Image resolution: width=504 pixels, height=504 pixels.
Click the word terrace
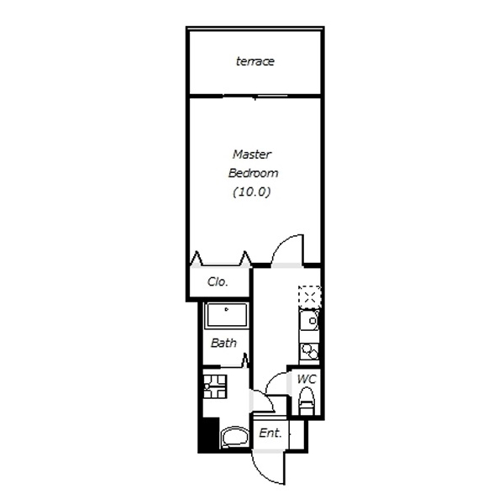click(255, 61)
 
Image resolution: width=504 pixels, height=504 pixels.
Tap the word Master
click(252, 155)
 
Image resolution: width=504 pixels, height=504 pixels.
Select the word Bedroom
click(253, 173)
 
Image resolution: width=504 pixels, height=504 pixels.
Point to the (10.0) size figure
click(252, 192)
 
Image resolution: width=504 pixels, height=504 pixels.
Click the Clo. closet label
click(218, 282)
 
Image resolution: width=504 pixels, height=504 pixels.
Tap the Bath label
click(223, 343)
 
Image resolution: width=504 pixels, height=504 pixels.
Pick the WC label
click(307, 379)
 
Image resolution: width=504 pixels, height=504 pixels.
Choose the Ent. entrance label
click(270, 433)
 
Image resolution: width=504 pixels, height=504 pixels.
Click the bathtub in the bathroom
click(226, 315)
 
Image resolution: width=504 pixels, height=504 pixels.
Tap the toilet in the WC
click(307, 401)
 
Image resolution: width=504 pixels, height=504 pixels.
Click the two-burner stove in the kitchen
click(309, 352)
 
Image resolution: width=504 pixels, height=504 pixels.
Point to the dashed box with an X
click(309, 297)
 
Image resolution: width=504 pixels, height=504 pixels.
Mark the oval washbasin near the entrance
click(235, 437)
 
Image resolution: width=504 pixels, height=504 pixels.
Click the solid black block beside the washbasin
click(208, 434)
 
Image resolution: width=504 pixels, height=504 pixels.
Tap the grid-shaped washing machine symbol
click(215, 386)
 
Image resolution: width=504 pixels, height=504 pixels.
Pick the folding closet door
click(220, 260)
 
